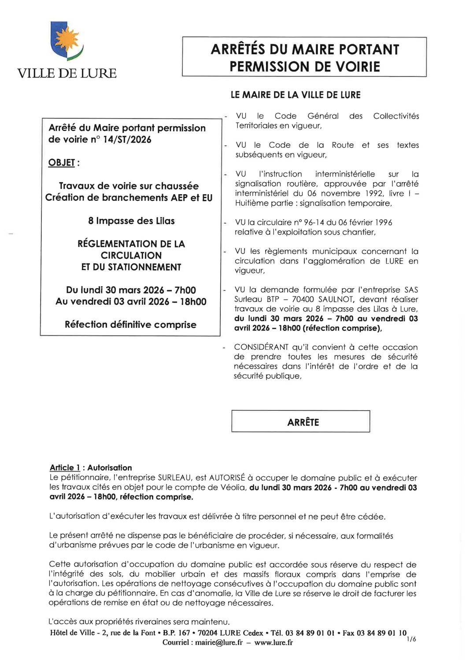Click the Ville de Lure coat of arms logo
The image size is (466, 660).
coord(67,41)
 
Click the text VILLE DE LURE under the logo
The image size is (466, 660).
coord(67,73)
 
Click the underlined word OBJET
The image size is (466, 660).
coord(62,163)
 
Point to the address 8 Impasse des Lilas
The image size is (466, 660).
coord(131,221)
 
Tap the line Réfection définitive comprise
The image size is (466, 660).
coord(130,325)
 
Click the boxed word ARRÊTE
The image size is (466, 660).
coord(303,423)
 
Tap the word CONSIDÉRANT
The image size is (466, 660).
coord(261,348)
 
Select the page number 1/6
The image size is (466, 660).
coord(411,639)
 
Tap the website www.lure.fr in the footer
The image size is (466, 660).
coord(274,643)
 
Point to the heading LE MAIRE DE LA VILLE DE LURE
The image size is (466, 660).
coord(296,95)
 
